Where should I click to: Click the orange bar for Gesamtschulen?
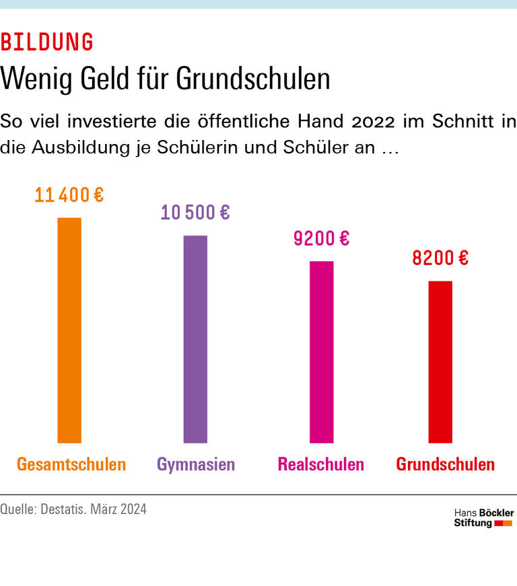pos(69,330)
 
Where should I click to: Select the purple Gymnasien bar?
pos(195,339)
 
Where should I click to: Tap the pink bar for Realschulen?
pos(321,352)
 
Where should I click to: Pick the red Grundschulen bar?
pos(440,362)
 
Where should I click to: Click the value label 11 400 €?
pos(69,196)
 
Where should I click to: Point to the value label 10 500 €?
pos(195,213)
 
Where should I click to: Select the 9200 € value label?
pos(321,238)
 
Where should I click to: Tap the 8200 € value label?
pos(440,258)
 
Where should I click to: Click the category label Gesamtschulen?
pos(71,464)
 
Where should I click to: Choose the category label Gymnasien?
pos(196,464)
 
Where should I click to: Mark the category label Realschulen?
pos(320,464)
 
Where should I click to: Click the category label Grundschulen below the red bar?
pos(445,464)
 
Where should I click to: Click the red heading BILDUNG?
pos(47,42)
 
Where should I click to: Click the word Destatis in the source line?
pos(83,509)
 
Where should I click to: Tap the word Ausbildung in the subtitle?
pos(79,148)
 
